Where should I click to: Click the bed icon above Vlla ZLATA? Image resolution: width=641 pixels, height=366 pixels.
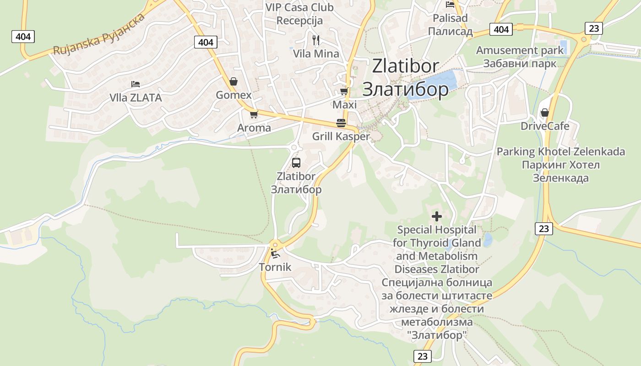(135, 84)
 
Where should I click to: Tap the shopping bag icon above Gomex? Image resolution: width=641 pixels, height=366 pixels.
(234, 81)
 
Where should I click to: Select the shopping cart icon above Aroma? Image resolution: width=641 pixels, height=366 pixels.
(254, 114)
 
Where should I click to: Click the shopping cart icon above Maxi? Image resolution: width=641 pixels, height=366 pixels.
(344, 91)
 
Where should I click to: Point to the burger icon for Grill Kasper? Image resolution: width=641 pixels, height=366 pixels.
(341, 123)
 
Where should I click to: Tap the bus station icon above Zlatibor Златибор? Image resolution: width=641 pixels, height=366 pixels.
(296, 162)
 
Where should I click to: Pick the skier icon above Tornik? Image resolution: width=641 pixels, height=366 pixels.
(275, 253)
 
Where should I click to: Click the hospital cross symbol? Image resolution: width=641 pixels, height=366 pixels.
(437, 216)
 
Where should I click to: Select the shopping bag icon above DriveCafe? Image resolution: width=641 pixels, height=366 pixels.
(545, 112)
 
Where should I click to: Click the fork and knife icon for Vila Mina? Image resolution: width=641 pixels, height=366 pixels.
(316, 40)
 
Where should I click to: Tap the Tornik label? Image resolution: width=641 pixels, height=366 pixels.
(275, 267)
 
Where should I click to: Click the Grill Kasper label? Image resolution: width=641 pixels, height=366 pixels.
(341, 136)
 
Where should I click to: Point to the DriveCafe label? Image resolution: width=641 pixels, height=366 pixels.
(545, 126)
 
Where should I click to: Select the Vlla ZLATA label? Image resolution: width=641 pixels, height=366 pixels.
(136, 97)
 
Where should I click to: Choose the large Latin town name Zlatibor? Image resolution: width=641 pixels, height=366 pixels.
(405, 66)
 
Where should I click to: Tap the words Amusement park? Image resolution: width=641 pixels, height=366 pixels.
(520, 50)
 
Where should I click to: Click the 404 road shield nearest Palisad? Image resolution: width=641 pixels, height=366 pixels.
(501, 29)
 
